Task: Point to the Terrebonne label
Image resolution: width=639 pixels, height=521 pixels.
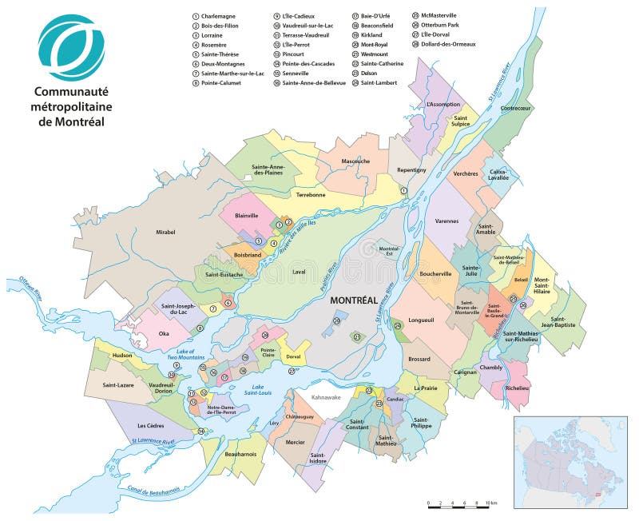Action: pyautogui.click(x=311, y=194)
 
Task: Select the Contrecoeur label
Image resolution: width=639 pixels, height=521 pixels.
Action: pyautogui.click(x=515, y=108)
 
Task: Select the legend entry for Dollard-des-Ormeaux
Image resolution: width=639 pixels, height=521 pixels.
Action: pyautogui.click(x=447, y=44)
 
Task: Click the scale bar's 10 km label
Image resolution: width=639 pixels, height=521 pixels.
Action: pyautogui.click(x=490, y=504)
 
